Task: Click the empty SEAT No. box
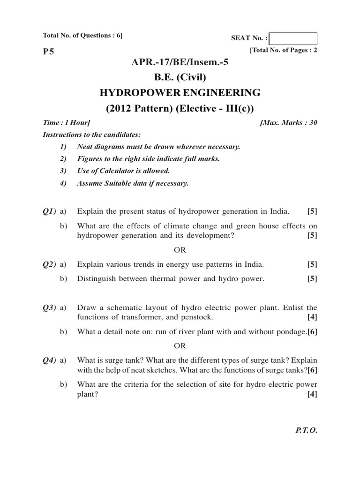(293, 38)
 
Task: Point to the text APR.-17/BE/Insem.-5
(180, 62)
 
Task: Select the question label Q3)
(50, 308)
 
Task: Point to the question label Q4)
(50, 360)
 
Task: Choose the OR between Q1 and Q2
(180, 249)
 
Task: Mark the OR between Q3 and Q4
(180, 346)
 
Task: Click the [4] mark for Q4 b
(312, 394)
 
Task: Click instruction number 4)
(64, 183)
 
